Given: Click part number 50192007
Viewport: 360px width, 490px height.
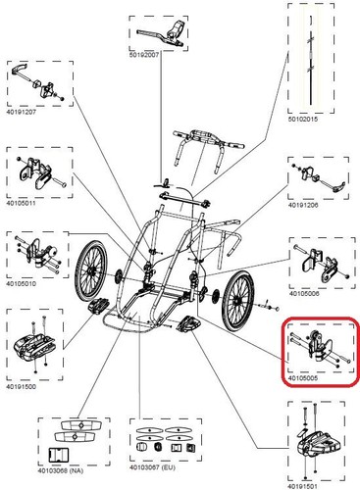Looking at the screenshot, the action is point(144,55).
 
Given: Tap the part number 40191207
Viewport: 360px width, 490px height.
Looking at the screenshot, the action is point(22,112).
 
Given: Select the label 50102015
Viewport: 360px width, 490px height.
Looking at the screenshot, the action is point(302,120).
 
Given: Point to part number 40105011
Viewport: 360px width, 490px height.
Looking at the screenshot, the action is point(21,203).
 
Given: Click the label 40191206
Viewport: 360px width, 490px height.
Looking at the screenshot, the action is point(303,205).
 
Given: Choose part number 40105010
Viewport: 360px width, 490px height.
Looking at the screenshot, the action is point(21,283).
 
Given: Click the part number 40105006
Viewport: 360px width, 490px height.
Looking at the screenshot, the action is point(304,294).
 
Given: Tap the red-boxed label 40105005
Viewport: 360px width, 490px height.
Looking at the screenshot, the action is point(303,378).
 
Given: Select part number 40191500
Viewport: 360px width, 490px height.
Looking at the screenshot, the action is point(21,387).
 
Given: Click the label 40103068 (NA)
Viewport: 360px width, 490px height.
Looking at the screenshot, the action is point(61,470).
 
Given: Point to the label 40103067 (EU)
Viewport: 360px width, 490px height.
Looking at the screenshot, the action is point(152,467).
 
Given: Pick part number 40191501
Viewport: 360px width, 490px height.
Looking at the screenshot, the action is point(302,487).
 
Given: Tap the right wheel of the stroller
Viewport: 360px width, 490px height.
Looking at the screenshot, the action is point(237,301).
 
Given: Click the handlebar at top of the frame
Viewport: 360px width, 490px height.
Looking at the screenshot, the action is point(209,150).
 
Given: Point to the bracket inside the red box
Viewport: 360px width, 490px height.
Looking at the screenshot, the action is point(319,350).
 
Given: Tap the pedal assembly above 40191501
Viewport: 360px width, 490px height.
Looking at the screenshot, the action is point(314,443).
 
